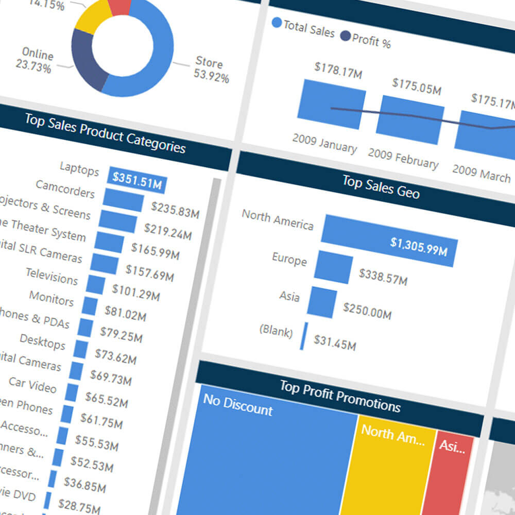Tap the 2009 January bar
pyautogui.click(x=331, y=105)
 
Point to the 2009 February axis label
pyautogui.click(x=403, y=158)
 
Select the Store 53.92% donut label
pyautogui.click(x=211, y=70)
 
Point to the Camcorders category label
pyautogui.click(x=65, y=189)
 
